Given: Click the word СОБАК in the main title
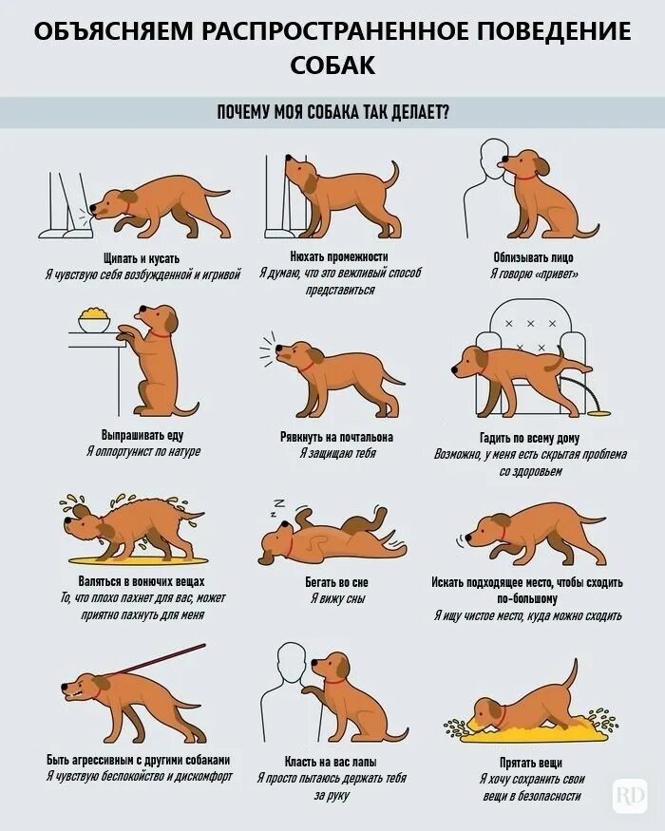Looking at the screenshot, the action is (332, 65).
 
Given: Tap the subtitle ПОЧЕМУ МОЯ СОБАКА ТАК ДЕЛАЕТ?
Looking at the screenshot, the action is (332, 112).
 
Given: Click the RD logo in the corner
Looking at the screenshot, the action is (630, 796).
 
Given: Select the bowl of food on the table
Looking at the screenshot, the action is (94, 319).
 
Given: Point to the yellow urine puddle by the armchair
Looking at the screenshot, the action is (598, 412).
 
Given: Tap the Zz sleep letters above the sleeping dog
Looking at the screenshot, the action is (276, 507).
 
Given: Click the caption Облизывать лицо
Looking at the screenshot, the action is (533, 257).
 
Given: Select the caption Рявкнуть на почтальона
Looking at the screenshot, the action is (336, 437).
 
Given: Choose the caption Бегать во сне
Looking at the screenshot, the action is (336, 582).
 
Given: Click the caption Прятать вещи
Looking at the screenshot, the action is (531, 763).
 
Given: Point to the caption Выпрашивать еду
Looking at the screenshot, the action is (142, 435).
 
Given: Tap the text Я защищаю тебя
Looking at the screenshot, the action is (337, 453).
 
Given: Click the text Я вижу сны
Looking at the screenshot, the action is (338, 598).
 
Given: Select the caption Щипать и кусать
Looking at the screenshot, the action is (142, 258).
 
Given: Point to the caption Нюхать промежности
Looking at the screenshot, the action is (339, 256).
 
